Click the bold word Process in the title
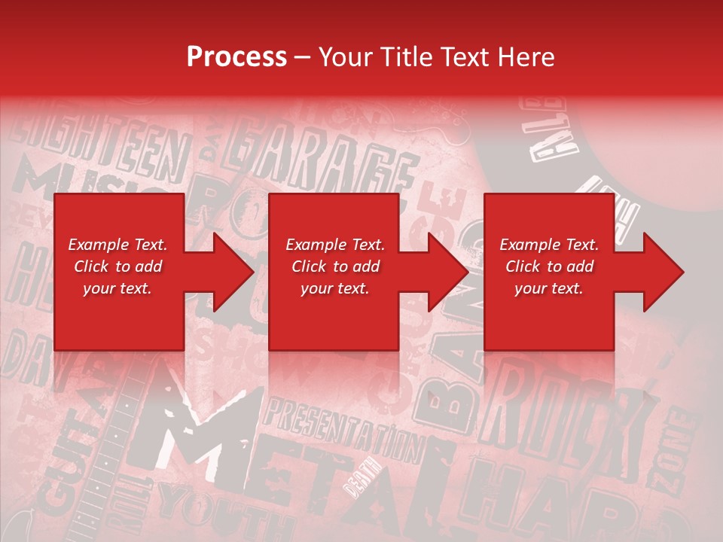click(236, 56)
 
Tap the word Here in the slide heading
click(526, 56)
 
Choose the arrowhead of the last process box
click(664, 272)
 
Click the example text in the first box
click(117, 266)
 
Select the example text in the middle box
click(334, 266)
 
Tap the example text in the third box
click(548, 266)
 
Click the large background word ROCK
click(565, 422)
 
